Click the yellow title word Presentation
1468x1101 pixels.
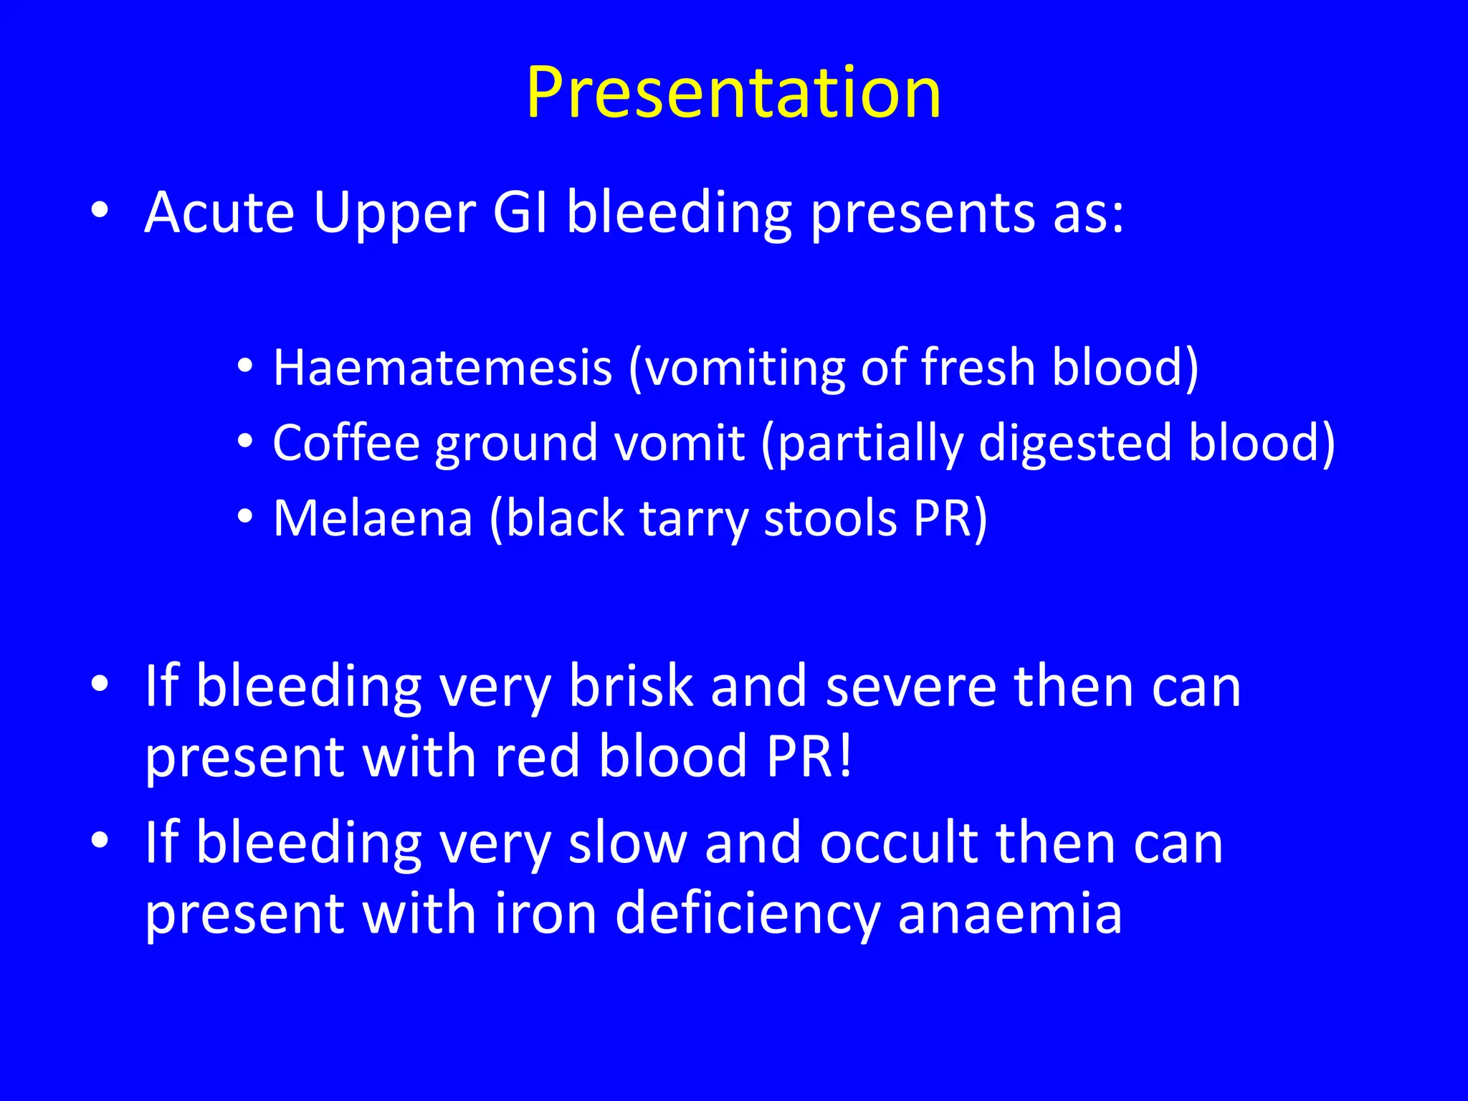click(733, 93)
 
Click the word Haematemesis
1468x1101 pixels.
click(442, 368)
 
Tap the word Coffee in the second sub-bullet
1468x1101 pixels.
click(345, 442)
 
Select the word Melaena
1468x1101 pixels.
click(373, 518)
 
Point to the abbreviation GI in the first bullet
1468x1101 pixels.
click(520, 212)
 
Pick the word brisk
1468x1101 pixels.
click(631, 686)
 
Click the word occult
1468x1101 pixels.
click(898, 843)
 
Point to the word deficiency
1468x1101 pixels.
click(747, 916)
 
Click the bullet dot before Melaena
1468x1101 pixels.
click(245, 516)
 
